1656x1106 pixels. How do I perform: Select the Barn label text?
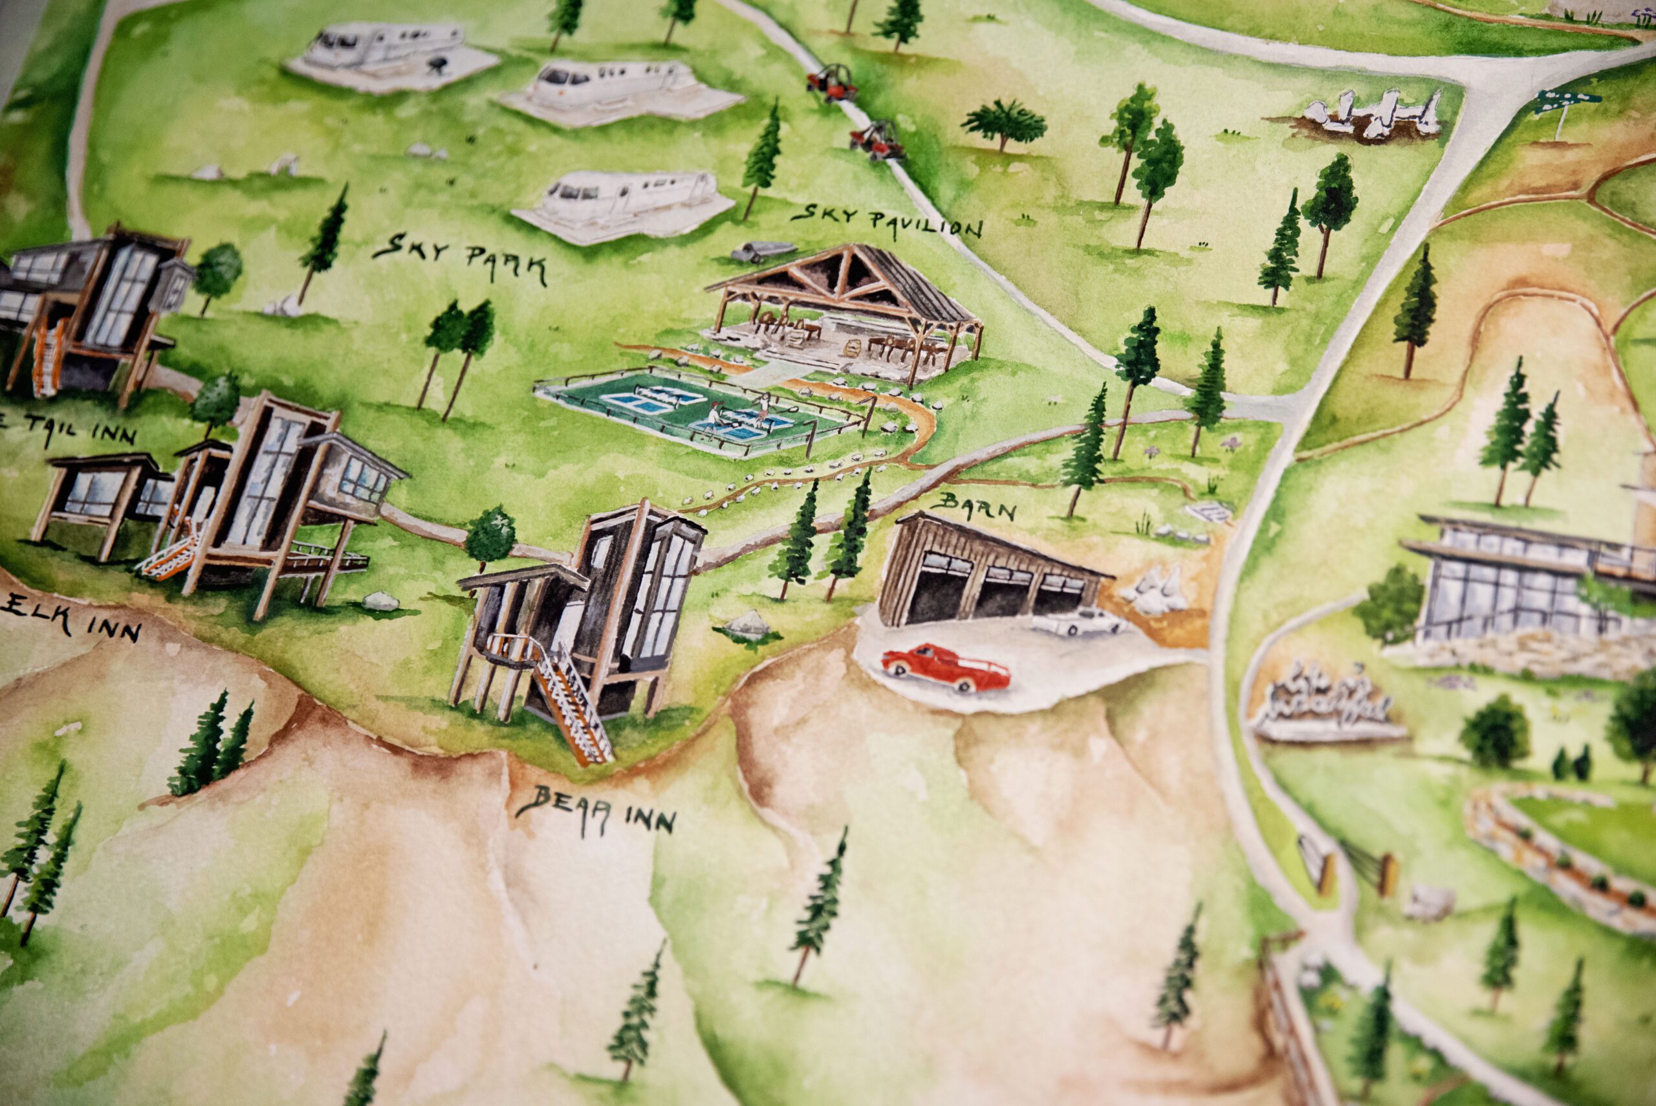tap(977, 505)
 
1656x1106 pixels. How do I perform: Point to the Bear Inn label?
tap(596, 811)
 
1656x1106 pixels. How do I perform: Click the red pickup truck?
tap(945, 665)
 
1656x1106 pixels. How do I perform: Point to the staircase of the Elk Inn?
tap(168, 556)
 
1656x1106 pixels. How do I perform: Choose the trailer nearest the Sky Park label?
tap(624, 205)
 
